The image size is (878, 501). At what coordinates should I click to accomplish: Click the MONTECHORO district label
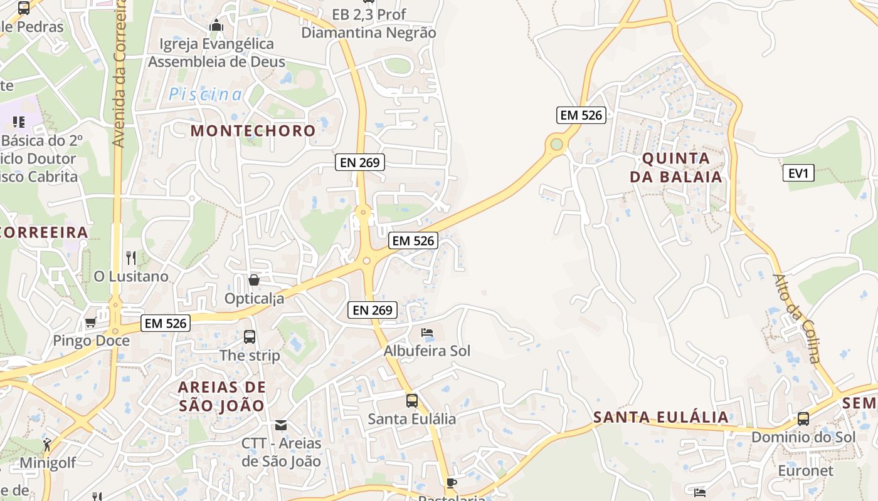[x=253, y=131]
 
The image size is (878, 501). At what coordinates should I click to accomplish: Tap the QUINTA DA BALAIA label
[x=676, y=167]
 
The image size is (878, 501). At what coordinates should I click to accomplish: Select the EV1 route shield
[x=798, y=173]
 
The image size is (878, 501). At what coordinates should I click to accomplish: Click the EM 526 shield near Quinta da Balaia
[x=581, y=115]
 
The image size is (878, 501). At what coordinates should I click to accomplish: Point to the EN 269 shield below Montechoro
[x=359, y=163]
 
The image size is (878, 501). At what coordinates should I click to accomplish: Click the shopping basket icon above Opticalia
[x=254, y=280]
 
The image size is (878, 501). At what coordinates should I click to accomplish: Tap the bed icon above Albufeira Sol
[x=427, y=333]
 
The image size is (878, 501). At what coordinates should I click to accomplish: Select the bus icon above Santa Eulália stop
[x=411, y=401]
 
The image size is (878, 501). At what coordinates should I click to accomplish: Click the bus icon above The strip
[x=250, y=337]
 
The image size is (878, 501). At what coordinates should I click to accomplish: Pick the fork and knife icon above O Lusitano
[x=131, y=257]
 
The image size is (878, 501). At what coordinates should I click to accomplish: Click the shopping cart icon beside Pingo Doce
[x=90, y=323]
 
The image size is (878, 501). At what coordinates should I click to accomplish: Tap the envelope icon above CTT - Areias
[x=281, y=425]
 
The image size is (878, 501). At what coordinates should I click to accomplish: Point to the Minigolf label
[x=48, y=463]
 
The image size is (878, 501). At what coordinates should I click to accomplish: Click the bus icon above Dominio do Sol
[x=803, y=419]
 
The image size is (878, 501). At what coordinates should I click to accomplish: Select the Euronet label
[x=805, y=471]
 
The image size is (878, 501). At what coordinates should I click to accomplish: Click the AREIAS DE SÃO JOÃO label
[x=222, y=396]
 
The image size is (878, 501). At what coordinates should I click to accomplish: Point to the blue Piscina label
[x=205, y=95]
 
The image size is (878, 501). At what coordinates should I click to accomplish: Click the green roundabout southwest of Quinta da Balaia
[x=556, y=145]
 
